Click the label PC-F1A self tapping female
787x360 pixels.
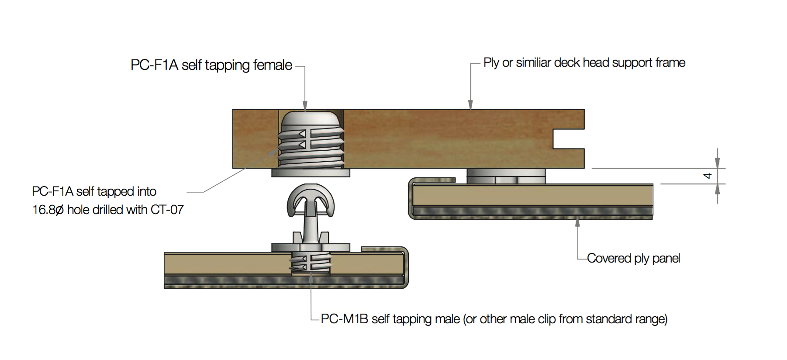211,65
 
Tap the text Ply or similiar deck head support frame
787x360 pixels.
584,63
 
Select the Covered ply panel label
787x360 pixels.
633,259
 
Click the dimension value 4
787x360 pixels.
708,176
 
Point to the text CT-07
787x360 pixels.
167,210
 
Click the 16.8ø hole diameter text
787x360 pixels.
48,210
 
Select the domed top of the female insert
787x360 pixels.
311,119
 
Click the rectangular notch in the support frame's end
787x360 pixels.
568,139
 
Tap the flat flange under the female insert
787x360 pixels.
311,173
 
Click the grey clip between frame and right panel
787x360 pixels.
506,176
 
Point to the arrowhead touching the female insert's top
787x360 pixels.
305,106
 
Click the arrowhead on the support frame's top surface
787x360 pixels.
470,105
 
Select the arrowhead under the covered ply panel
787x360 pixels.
577,223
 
